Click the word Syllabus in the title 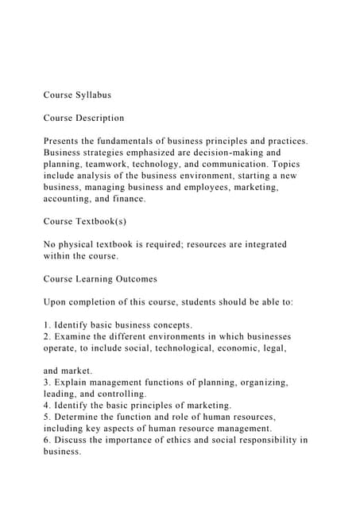click(x=93, y=95)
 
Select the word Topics click(x=283, y=164)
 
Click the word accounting click(x=68, y=199)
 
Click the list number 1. click(x=47, y=325)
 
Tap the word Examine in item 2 click(x=77, y=337)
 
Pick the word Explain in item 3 click(x=77, y=383)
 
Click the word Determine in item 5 click(x=83, y=417)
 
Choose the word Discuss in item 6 click(x=75, y=441)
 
